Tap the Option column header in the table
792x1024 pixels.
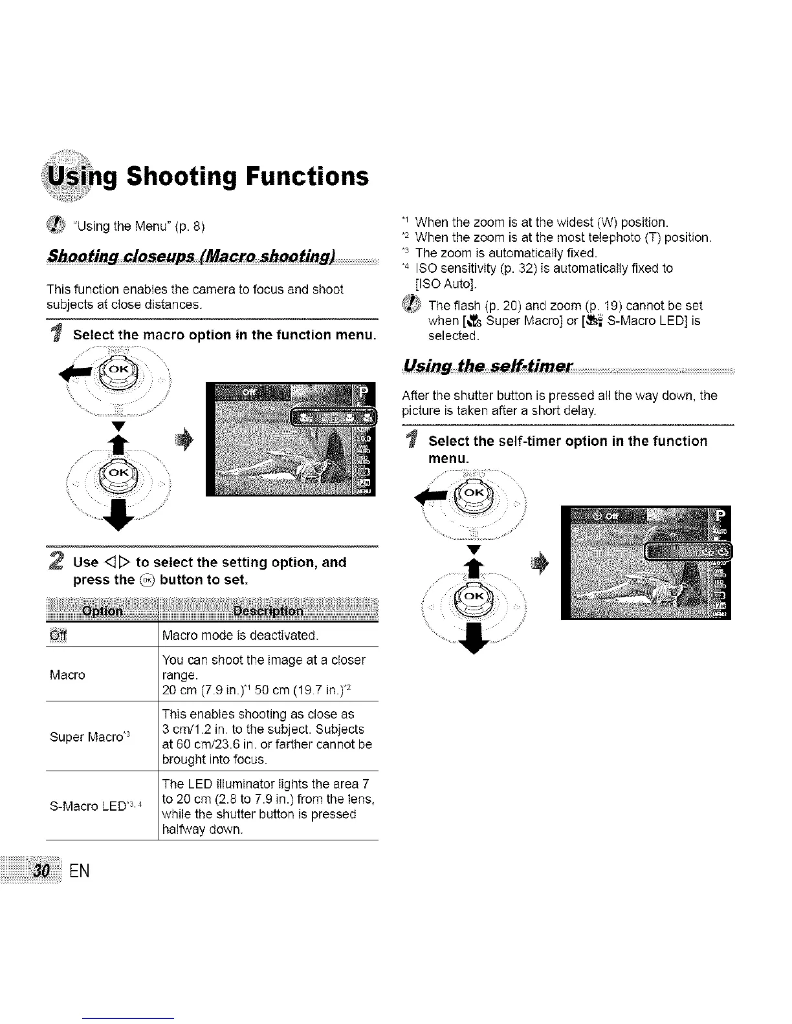(102, 612)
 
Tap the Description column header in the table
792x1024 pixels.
(268, 612)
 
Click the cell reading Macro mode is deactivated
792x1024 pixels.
(240, 635)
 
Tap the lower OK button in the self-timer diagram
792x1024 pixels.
(474, 597)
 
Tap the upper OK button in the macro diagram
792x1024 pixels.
(118, 370)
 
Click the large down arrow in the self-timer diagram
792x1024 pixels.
(476, 643)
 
